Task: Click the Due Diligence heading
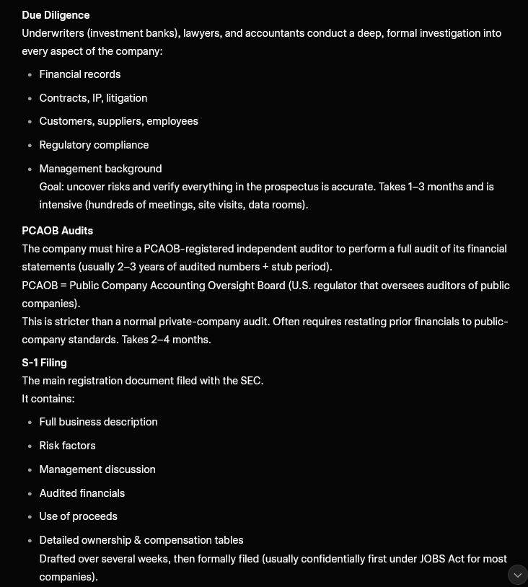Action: click(x=56, y=15)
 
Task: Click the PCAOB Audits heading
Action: click(x=57, y=231)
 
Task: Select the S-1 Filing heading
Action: click(x=44, y=363)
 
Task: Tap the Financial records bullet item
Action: click(x=79, y=74)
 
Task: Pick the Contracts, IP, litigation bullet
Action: click(x=93, y=98)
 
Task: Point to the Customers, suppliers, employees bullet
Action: click(x=118, y=121)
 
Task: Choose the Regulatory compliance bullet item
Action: click(x=94, y=145)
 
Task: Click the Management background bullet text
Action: click(x=100, y=169)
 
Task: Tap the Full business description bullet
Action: click(x=98, y=422)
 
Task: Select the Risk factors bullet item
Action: click(x=67, y=446)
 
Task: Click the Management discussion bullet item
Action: click(x=97, y=469)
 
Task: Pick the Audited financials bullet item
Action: click(x=82, y=493)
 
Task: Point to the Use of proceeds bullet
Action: click(x=78, y=516)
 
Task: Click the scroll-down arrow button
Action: click(x=518, y=575)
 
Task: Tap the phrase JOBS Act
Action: click(x=443, y=559)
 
